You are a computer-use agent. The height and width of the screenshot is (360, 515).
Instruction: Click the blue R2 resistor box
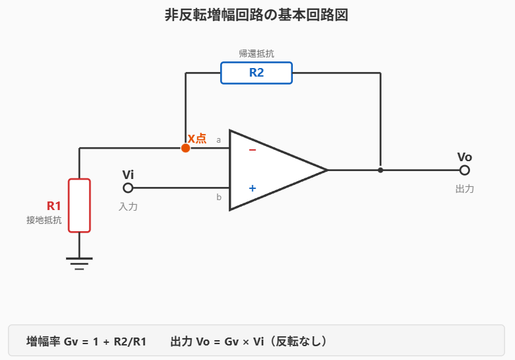[x=256, y=73]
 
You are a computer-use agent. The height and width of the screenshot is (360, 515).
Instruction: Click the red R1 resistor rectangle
[x=79, y=205]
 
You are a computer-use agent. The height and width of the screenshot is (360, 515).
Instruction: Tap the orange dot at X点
[x=186, y=148]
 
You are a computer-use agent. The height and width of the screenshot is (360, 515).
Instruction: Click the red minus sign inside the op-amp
[x=252, y=150]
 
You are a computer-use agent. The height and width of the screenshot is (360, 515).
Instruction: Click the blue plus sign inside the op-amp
[x=252, y=188]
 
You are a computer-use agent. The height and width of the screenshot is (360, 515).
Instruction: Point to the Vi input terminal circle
[x=128, y=188]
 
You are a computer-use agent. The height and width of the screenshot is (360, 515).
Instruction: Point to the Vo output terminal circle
[x=465, y=170]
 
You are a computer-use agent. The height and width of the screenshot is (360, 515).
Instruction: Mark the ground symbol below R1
[x=79, y=263]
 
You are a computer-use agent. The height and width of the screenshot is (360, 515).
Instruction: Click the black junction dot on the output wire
[x=380, y=170]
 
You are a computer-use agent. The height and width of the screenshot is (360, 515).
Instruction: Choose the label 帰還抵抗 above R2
[x=256, y=54]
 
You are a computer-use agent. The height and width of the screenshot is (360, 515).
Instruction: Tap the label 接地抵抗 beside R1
[x=44, y=220]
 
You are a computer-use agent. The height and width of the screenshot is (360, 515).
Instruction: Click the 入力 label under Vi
[x=128, y=207]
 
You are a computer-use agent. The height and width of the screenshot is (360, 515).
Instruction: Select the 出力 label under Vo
[x=465, y=189]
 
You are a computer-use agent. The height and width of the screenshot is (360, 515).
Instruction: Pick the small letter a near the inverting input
[x=219, y=140]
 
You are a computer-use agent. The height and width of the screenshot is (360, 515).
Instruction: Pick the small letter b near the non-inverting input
[x=219, y=197]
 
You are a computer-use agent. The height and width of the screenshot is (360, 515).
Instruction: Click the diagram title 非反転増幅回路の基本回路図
[x=257, y=15]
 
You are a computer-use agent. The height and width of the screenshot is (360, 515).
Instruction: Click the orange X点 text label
[x=197, y=139]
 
